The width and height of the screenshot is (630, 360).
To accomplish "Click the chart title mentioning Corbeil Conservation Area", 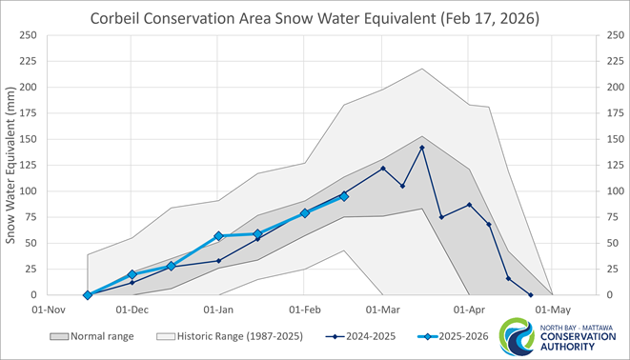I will pyautogui.click(x=315, y=18).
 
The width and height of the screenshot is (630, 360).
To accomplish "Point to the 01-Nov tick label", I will pyautogui.click(x=50, y=310).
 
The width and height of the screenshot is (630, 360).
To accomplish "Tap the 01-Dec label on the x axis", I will pyautogui.click(x=132, y=310).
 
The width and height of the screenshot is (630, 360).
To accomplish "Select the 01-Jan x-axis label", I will pyautogui.click(x=219, y=310).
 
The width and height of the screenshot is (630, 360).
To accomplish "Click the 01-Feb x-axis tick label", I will pyautogui.click(x=305, y=310).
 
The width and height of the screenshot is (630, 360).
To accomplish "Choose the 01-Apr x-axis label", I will pyautogui.click(x=470, y=310).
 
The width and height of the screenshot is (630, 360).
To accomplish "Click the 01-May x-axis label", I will pyautogui.click(x=553, y=310).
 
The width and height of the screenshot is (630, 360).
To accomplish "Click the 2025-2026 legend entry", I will pyautogui.click(x=453, y=337).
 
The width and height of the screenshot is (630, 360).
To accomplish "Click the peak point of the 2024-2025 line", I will pyautogui.click(x=422, y=148).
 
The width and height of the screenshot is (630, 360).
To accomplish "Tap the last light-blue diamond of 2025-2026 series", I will pyautogui.click(x=344, y=196).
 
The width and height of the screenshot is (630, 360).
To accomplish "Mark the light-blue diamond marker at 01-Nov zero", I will pyautogui.click(x=88, y=295).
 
